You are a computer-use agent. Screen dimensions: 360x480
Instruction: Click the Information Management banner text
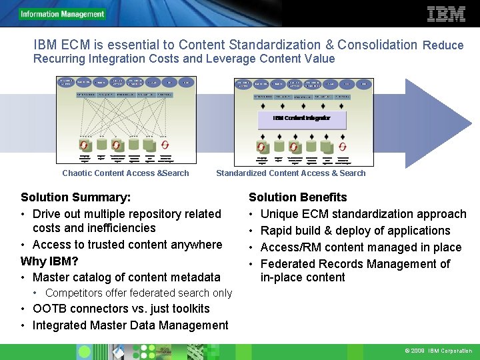[63, 14]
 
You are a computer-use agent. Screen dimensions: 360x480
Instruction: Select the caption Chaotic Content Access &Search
[125, 173]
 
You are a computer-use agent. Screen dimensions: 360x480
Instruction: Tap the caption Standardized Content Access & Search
[291, 173]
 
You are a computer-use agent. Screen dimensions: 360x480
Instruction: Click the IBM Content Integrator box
[301, 118]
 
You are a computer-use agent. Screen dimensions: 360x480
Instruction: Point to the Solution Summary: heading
[75, 197]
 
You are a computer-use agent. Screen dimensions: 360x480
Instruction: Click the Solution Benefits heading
[297, 197]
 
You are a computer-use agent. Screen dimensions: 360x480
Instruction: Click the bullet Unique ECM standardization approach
[363, 214]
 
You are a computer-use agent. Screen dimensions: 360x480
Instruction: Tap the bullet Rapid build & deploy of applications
[355, 231]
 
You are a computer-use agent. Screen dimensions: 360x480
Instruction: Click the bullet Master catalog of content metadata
[126, 277]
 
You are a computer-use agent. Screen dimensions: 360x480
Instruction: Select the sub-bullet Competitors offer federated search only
[139, 293]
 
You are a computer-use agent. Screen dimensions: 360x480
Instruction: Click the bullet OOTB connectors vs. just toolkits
[121, 309]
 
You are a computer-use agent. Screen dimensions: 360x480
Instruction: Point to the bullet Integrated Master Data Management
[130, 325]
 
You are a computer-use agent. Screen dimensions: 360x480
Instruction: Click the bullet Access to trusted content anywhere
[127, 245]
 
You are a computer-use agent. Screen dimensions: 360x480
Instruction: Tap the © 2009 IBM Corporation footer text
[437, 351]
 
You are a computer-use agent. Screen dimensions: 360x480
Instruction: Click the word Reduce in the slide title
[443, 45]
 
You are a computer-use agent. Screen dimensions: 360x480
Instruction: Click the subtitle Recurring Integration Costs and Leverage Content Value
[184, 59]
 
